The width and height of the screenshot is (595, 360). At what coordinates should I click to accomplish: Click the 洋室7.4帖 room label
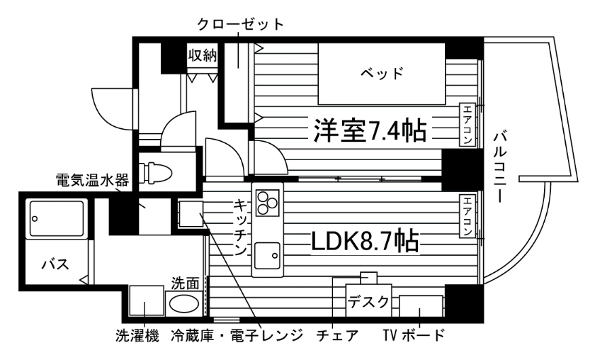(370, 129)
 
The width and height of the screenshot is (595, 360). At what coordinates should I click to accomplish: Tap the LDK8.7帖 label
(364, 240)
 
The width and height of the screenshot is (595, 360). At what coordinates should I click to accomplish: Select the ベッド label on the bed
(382, 72)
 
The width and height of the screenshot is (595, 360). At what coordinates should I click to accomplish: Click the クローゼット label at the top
(240, 23)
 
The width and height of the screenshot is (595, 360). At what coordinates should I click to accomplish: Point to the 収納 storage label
(202, 55)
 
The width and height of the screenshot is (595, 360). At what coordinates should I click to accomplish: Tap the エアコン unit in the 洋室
(467, 125)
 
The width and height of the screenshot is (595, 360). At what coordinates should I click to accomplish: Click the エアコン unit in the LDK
(467, 217)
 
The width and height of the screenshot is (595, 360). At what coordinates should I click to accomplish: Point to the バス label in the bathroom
(55, 264)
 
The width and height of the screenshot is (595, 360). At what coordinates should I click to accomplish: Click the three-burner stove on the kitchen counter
(268, 203)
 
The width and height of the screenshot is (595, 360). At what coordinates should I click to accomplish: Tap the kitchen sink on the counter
(268, 253)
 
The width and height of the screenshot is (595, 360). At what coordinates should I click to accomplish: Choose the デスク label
(368, 302)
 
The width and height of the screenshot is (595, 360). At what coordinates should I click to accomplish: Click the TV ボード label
(415, 335)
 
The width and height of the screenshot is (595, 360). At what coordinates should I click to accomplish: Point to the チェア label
(338, 335)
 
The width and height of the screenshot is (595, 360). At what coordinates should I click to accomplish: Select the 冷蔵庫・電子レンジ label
(237, 335)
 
